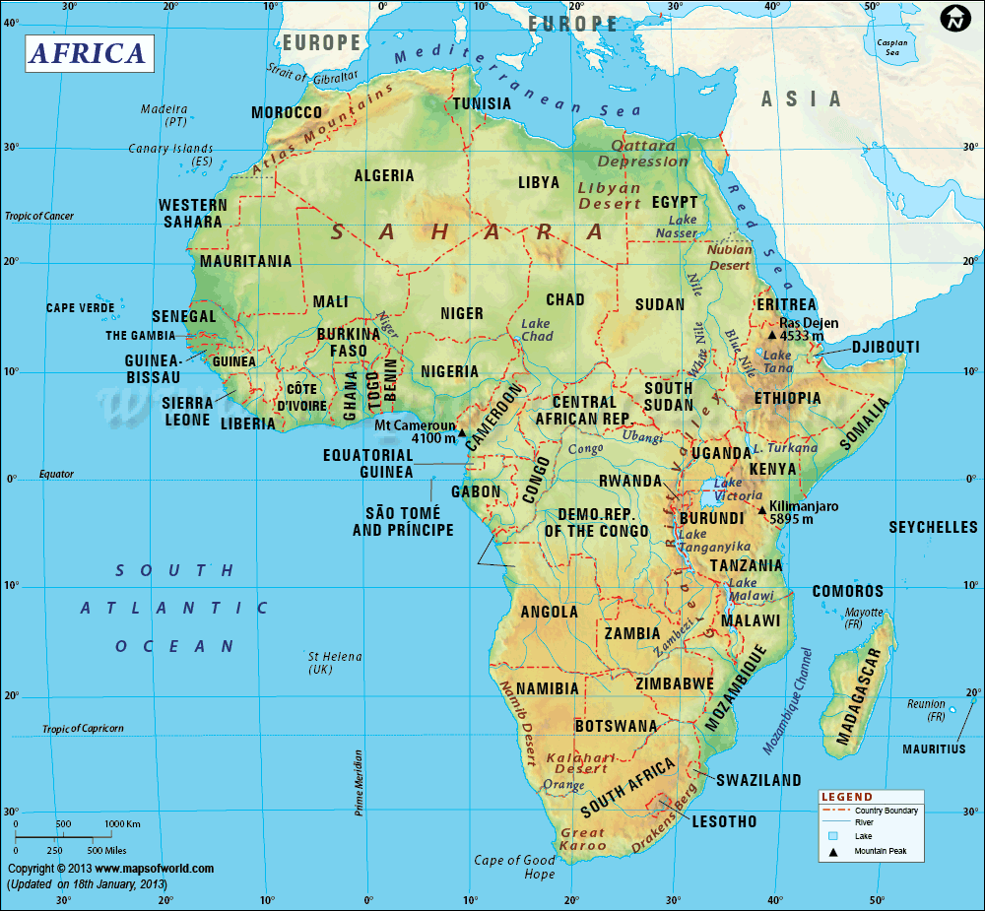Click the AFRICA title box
point(88,53)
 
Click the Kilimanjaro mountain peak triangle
point(761,509)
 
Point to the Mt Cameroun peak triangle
point(461,432)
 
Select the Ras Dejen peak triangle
point(772,336)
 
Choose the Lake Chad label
point(537,330)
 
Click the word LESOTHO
point(724,820)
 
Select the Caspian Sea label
point(892,47)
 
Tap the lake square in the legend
point(833,836)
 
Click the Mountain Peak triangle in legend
point(833,851)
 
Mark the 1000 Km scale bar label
point(122,823)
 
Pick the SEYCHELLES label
point(933,528)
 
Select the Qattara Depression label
point(643,153)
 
